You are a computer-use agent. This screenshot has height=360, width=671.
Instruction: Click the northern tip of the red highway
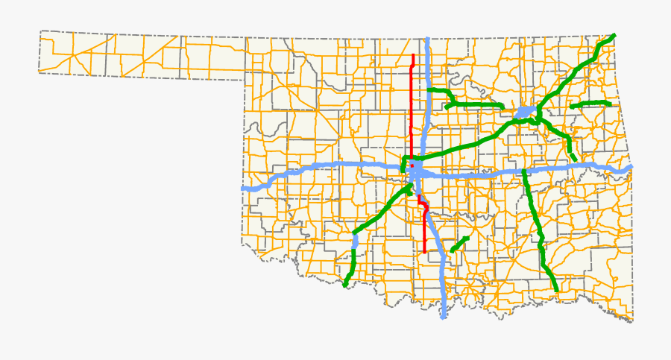414,54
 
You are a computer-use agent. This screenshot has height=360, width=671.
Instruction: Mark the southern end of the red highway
424,252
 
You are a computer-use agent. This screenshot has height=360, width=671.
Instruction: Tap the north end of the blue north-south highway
427,39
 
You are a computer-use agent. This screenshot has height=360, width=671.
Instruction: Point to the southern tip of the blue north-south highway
444,318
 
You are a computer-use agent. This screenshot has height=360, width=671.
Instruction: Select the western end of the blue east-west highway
244,189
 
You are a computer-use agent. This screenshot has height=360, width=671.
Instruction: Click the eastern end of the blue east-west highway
631,166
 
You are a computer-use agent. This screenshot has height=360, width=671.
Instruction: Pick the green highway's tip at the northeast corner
614,35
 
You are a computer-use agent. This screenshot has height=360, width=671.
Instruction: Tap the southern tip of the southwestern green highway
345,285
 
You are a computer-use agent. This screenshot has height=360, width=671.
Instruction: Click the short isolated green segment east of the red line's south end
459,244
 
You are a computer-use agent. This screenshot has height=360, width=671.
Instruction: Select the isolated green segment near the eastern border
591,104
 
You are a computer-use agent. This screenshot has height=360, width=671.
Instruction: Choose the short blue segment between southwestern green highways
355,240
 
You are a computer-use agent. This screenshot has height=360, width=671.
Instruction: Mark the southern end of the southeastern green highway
556,290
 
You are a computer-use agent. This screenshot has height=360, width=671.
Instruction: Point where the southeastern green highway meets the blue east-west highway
525,171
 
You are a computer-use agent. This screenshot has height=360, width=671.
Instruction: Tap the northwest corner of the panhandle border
41,31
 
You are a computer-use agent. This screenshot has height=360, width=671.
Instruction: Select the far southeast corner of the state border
632,321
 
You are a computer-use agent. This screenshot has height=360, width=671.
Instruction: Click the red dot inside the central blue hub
412,165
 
